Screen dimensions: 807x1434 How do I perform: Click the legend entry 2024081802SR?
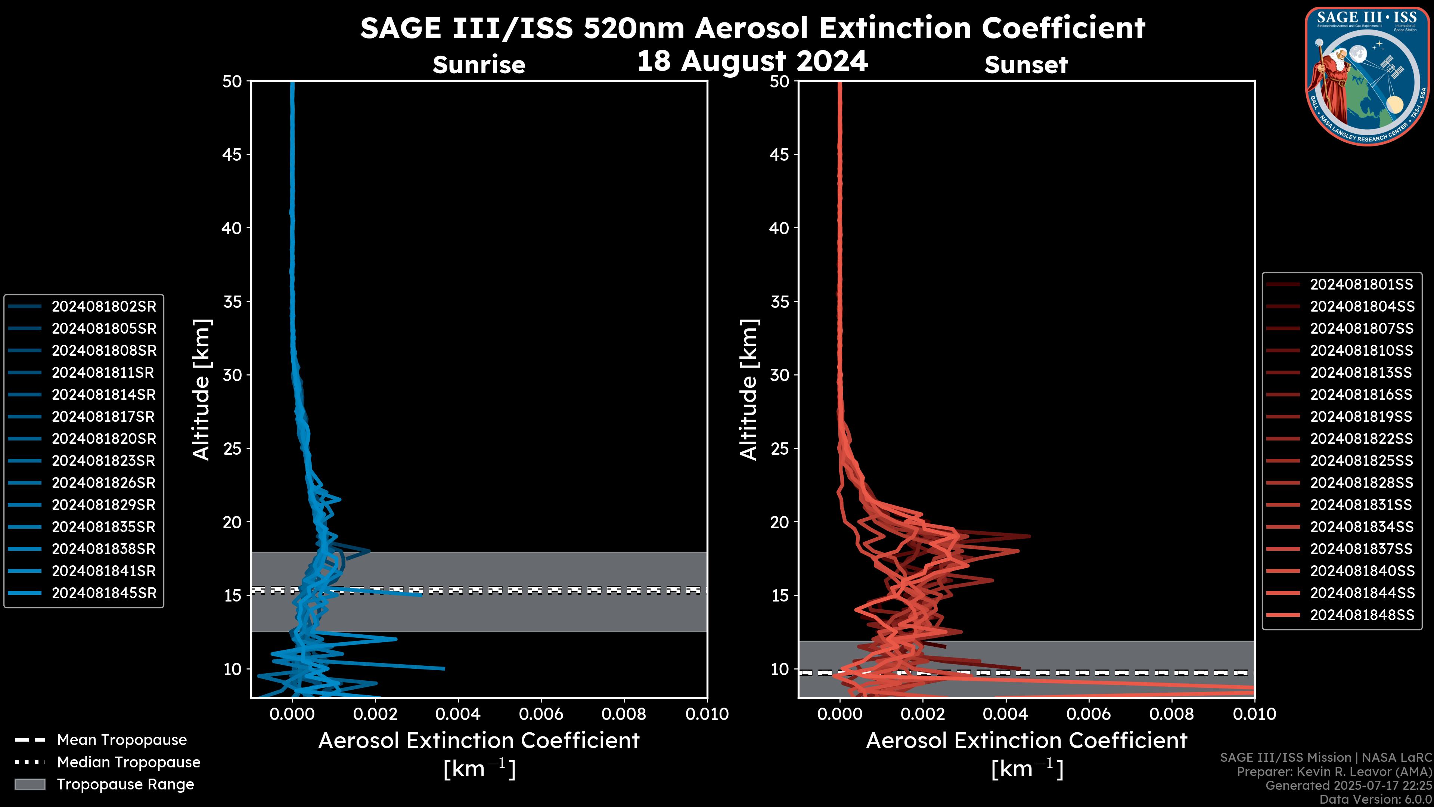103,306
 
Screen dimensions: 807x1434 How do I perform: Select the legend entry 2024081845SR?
103,593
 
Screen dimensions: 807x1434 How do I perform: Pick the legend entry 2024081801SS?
1361,285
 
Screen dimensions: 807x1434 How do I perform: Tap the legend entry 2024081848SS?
1362,615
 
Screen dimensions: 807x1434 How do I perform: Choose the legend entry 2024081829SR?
103,505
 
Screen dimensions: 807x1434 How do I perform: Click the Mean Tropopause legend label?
122,740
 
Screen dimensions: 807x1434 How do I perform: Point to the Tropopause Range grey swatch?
30,784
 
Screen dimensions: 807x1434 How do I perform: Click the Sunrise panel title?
479,65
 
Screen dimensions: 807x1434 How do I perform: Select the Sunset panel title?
1026,65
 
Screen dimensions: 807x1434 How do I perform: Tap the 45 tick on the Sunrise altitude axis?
232,155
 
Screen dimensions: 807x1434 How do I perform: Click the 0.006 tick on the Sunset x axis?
1089,714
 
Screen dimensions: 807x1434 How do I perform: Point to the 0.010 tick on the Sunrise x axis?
707,714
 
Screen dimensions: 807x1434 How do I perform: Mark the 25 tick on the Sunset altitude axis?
780,449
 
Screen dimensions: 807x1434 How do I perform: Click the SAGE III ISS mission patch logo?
1366,75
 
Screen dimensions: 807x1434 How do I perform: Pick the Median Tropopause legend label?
128,763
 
